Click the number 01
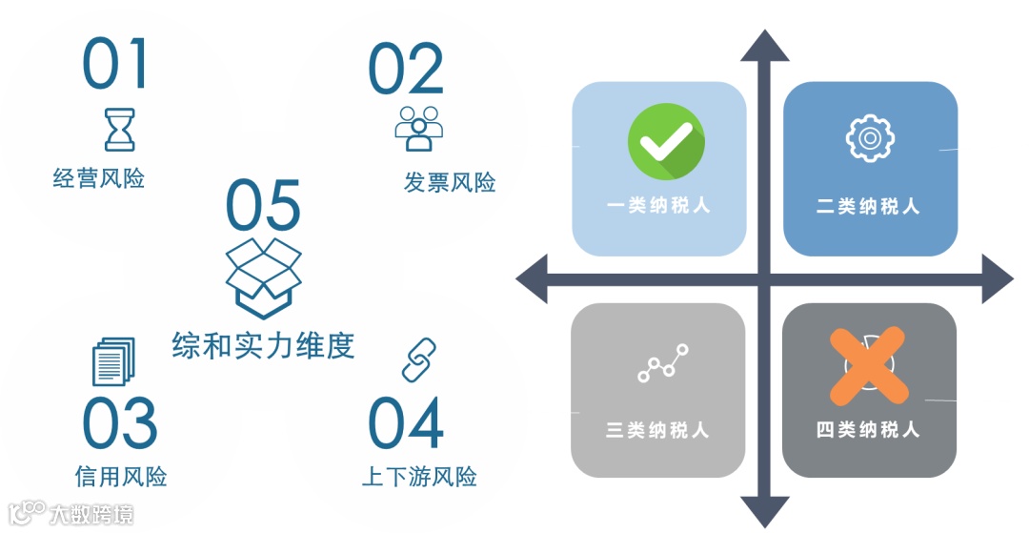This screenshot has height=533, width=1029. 115,64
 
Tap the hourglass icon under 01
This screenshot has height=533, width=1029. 119,130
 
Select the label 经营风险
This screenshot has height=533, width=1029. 99,177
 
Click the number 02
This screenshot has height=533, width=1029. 406,69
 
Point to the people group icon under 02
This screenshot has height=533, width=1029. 419,128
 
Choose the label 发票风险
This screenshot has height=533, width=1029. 450,182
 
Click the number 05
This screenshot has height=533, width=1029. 263,206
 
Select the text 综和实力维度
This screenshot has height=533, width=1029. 263,344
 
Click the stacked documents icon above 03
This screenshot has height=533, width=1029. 112,362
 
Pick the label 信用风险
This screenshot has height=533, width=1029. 121,475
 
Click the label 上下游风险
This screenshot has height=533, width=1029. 419,476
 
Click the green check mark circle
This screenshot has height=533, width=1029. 666,142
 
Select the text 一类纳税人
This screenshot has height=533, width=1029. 658,205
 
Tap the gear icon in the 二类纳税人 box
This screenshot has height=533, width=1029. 869,138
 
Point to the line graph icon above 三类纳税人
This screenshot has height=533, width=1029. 662,363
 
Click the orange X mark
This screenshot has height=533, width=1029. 868,364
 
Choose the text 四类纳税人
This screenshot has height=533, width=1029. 868,429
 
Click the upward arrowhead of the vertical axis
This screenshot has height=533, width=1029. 764,46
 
